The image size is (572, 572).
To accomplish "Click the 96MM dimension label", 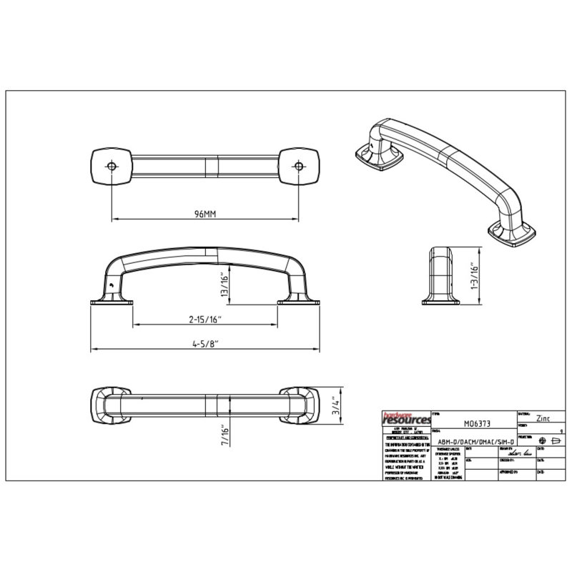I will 204,214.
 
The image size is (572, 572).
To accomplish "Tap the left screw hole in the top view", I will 111,166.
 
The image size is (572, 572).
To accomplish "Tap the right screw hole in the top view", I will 298,166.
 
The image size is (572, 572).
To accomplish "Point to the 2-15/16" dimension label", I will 206,320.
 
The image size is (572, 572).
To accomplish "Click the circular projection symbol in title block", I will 542,440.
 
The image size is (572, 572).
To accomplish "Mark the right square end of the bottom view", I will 299,405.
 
